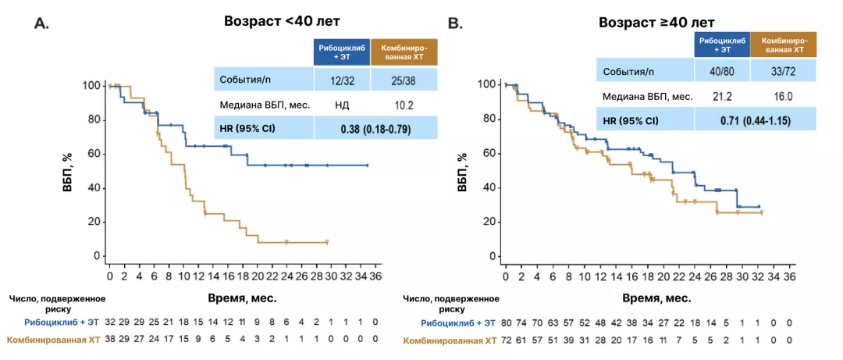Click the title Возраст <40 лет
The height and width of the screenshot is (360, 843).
(x=272, y=23)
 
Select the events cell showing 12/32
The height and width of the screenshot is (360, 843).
(x=342, y=80)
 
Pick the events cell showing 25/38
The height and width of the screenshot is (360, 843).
(x=404, y=80)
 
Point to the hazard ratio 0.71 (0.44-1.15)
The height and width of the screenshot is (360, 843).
(x=755, y=120)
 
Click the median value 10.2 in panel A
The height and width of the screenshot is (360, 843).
(x=404, y=103)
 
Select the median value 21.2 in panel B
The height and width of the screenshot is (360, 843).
(x=721, y=97)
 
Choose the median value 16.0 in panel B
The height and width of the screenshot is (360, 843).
(x=783, y=97)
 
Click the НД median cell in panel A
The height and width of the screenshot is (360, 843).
(x=342, y=103)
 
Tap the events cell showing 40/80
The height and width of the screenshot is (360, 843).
(x=721, y=72)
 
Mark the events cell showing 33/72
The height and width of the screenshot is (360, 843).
(x=783, y=72)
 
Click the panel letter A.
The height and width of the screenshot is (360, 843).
(x=41, y=24)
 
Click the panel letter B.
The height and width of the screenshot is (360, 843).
(x=454, y=24)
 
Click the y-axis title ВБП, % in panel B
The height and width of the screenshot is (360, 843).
(x=463, y=166)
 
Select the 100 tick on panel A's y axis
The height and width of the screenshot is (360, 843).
(x=92, y=85)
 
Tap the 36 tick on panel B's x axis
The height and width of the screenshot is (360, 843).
(x=789, y=276)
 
